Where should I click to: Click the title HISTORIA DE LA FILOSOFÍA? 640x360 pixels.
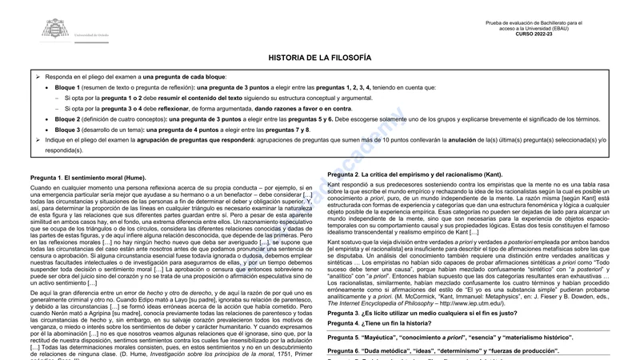coord(319,58)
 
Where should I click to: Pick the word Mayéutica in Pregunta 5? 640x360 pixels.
coord(387,338)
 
